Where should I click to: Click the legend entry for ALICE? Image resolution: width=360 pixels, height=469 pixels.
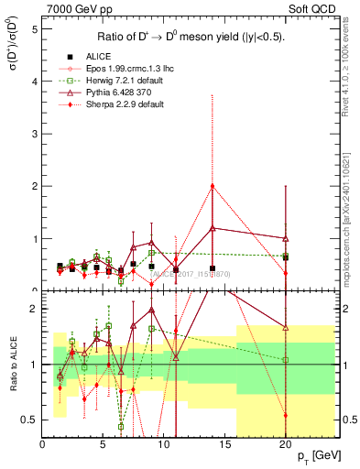click(x=92, y=58)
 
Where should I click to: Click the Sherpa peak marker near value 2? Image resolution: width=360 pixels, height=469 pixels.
click(x=213, y=186)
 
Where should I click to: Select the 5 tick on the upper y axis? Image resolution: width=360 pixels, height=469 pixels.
click(x=34, y=28)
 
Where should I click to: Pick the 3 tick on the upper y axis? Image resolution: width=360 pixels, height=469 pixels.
click(x=34, y=134)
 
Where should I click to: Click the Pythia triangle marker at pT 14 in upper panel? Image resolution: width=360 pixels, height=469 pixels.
click(x=213, y=228)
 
